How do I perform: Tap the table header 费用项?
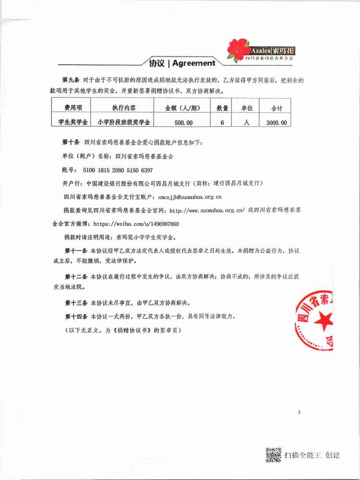[70, 108]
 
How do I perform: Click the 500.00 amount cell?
[183, 122]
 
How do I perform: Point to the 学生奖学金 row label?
[70, 122]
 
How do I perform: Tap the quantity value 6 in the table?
[222, 122]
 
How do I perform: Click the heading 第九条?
[72, 78]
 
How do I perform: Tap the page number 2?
[299, 412]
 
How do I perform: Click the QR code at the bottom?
[274, 454]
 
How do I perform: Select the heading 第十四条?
[76, 317]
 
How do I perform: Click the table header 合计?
[277, 108]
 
